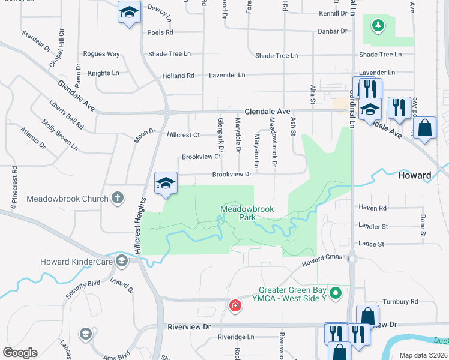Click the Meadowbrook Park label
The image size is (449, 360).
(x=247, y=213)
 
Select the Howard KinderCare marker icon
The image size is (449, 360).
(x=122, y=261)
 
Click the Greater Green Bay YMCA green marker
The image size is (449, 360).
(x=336, y=293)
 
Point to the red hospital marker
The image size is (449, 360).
(x=235, y=305)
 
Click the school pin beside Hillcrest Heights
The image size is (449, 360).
(x=166, y=184)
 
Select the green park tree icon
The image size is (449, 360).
(x=378, y=25)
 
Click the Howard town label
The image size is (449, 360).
(x=414, y=175)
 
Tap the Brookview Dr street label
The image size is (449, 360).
(x=231, y=175)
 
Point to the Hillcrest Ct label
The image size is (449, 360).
(x=183, y=135)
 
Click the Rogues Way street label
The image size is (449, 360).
(x=101, y=54)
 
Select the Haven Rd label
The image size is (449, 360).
(x=372, y=208)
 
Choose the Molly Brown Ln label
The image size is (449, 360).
(x=59, y=135)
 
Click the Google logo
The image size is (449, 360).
(x=20, y=353)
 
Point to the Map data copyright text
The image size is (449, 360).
(x=423, y=355)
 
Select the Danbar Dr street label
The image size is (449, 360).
(x=334, y=31)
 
